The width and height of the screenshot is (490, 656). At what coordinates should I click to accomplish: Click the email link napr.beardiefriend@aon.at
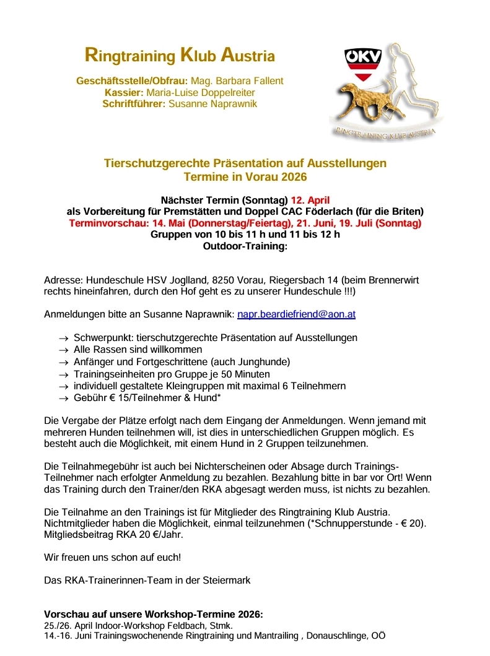(296, 314)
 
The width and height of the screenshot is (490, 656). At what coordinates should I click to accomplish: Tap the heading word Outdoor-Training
(244, 246)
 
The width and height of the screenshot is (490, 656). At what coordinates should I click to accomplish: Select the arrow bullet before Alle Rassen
(63, 350)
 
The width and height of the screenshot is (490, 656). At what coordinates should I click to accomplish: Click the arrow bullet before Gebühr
(63, 398)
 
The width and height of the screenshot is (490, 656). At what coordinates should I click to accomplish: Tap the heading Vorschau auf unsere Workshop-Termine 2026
(153, 615)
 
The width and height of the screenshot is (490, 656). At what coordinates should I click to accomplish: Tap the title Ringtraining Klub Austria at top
(179, 56)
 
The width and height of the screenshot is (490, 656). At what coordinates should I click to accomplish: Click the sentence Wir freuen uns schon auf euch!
(113, 557)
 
